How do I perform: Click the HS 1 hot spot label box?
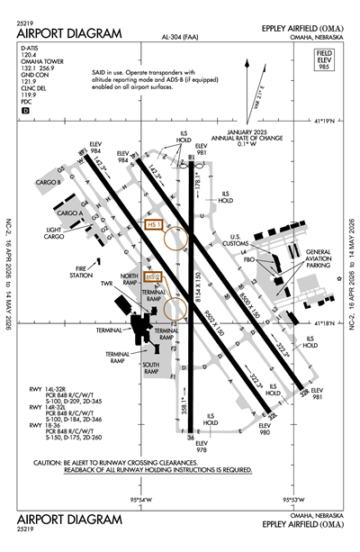tap(153, 222)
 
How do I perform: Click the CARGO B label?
tap(46, 182)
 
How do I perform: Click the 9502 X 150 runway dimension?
tap(217, 317)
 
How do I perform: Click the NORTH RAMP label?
tap(130, 277)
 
